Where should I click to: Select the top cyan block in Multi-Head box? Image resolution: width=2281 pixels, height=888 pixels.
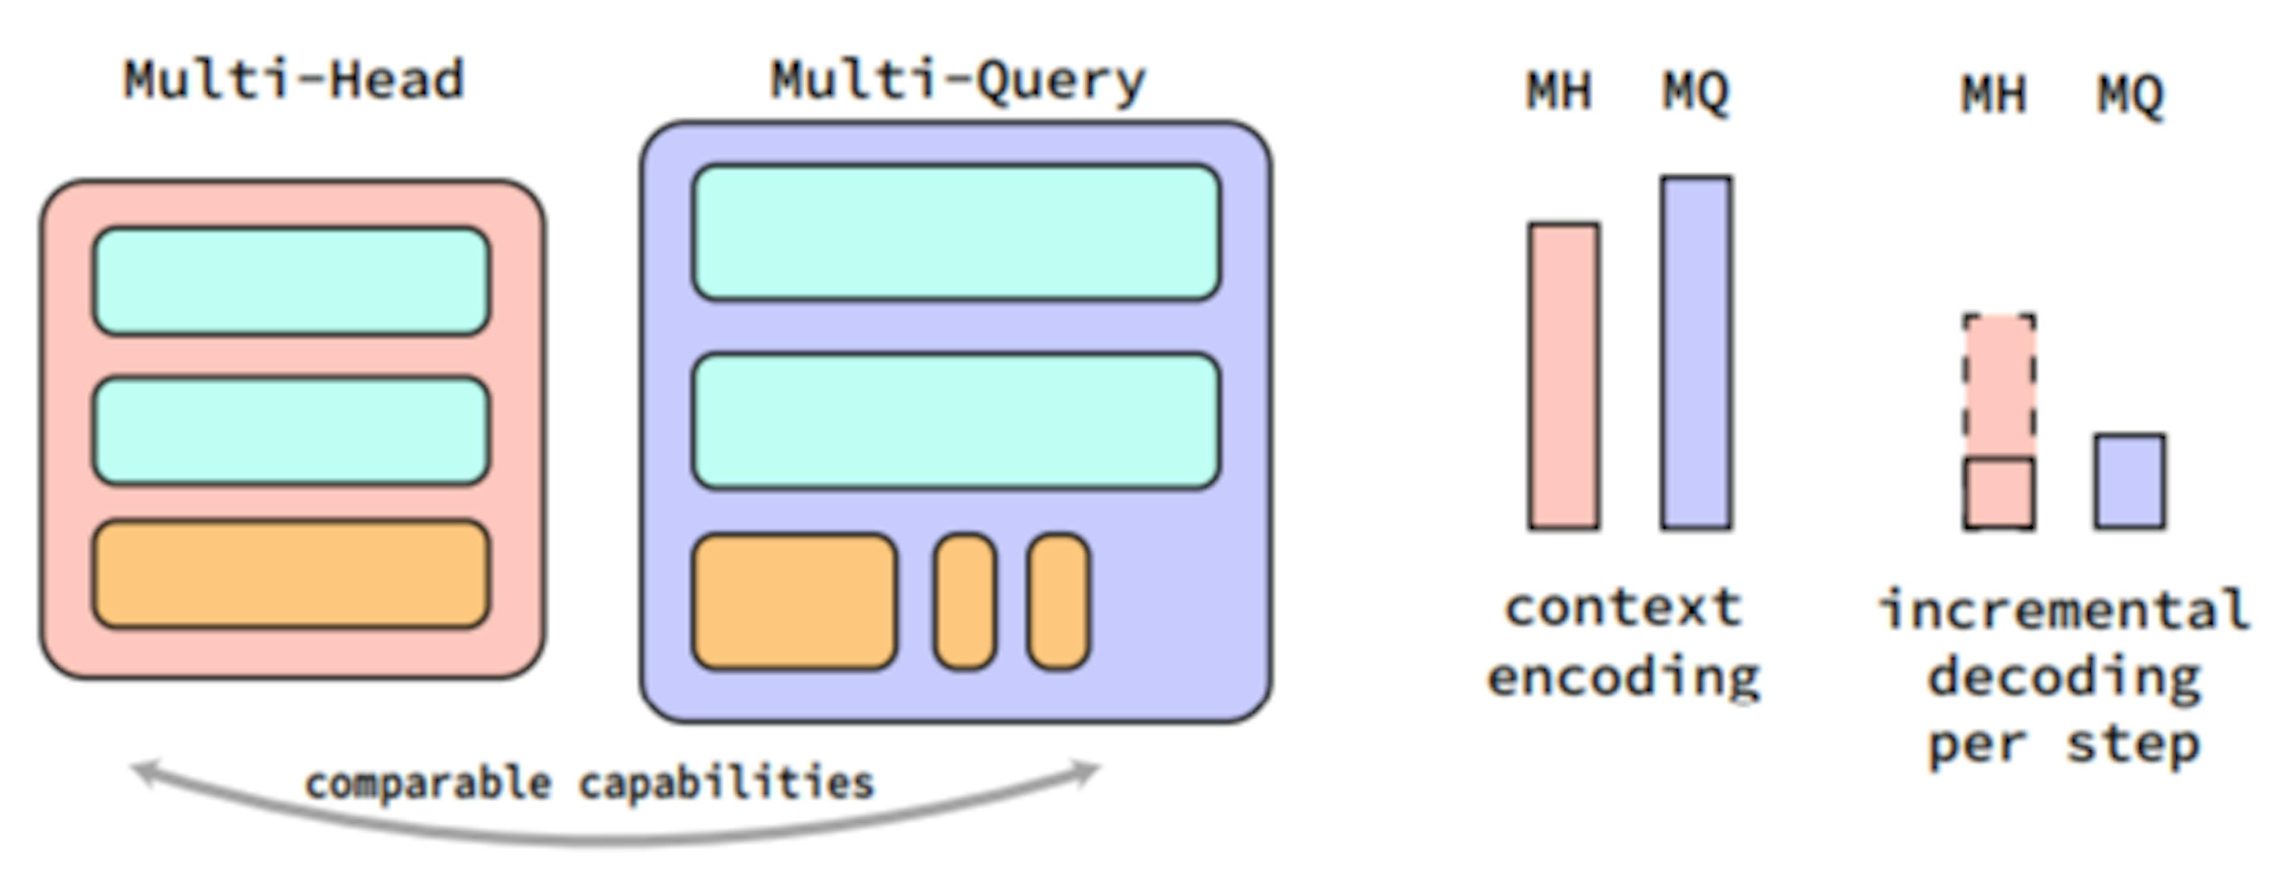click(x=291, y=282)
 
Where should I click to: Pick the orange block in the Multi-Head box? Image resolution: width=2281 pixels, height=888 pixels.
click(x=291, y=574)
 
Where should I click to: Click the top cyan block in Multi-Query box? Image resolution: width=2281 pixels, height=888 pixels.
click(x=956, y=233)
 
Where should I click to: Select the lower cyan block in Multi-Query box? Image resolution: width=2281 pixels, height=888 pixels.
click(x=956, y=421)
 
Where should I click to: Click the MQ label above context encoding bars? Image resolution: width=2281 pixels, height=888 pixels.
click(x=1695, y=91)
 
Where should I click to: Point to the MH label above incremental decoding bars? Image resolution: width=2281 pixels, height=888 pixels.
click(x=1994, y=94)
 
